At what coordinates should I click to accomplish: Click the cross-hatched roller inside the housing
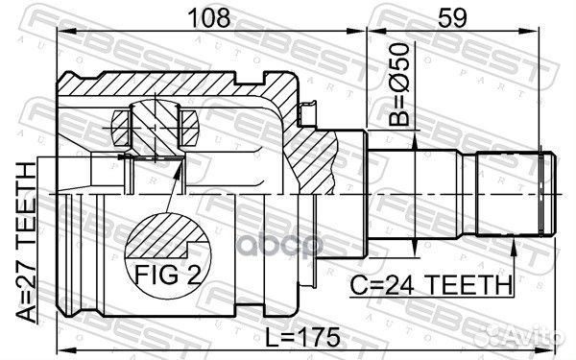(155, 123)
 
